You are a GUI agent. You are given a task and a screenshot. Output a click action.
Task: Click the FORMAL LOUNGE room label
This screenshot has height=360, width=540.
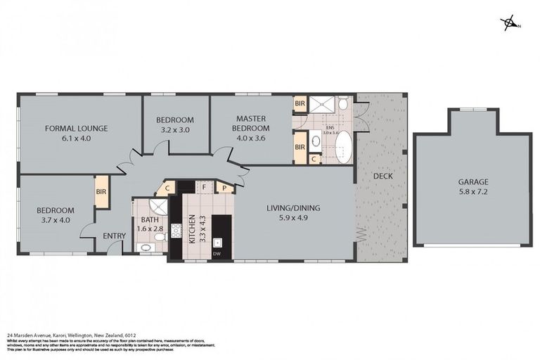click(x=76, y=129)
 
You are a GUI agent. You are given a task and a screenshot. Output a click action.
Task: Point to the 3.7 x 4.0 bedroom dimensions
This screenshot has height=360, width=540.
click(x=56, y=220)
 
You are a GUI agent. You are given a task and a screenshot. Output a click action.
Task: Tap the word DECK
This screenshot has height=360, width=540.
click(x=382, y=176)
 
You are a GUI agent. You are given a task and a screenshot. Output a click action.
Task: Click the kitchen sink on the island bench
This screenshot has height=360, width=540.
click(x=218, y=243)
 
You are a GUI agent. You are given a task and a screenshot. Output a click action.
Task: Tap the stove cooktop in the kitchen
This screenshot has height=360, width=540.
click(x=176, y=230)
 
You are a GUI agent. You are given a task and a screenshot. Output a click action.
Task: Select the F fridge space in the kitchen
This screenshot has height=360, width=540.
click(x=205, y=188)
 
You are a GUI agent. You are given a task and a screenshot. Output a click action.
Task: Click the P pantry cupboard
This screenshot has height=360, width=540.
click(x=225, y=188)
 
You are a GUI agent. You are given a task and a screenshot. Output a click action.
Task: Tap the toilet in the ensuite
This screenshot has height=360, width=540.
click(x=342, y=104)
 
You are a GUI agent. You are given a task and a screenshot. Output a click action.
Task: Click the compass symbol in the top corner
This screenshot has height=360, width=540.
click(x=509, y=24)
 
